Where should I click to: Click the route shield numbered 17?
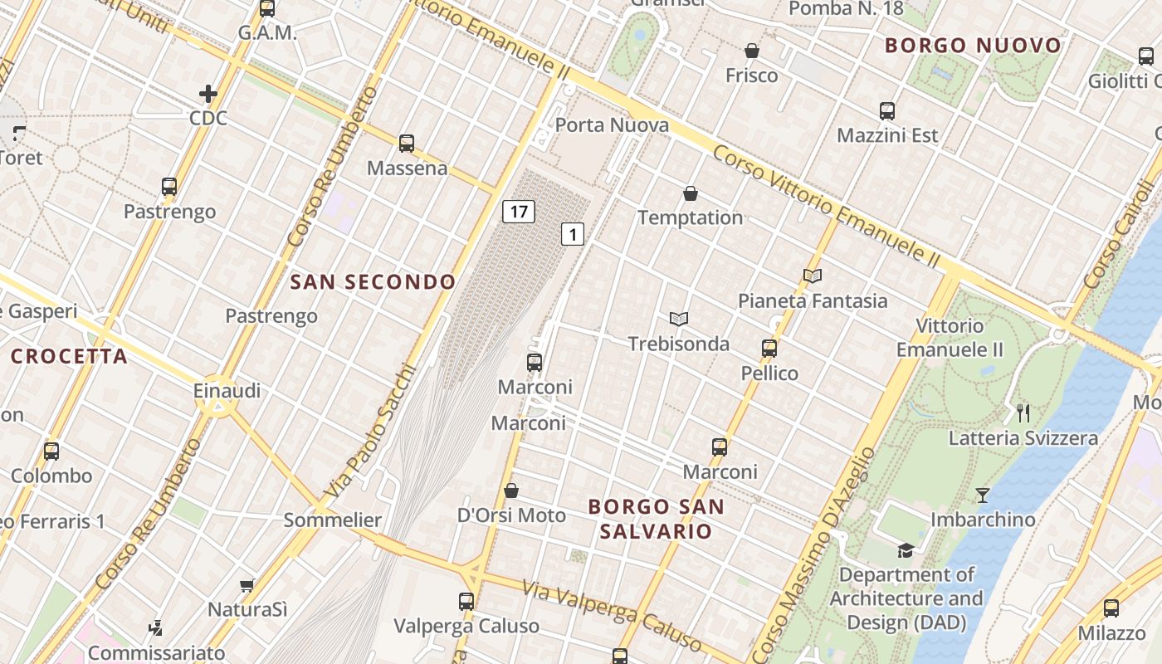(x=519, y=212)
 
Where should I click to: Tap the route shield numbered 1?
(x=572, y=234)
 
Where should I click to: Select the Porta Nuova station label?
(x=612, y=125)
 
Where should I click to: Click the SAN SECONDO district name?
(x=373, y=282)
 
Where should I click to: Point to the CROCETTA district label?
(x=70, y=357)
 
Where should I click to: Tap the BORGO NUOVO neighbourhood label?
(x=974, y=46)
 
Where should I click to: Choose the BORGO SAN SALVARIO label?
(x=656, y=519)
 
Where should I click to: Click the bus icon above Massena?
(x=407, y=143)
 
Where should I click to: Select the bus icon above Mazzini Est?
(x=887, y=110)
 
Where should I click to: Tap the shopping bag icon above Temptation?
(x=690, y=193)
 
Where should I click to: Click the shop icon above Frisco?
(x=752, y=51)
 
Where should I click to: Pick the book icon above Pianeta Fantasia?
(x=813, y=276)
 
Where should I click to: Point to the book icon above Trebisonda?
(x=679, y=319)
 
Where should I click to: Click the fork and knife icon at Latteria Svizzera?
(x=1023, y=413)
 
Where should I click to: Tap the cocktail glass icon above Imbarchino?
(x=983, y=495)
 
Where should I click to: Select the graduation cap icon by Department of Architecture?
(x=906, y=549)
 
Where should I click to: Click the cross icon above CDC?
(x=208, y=94)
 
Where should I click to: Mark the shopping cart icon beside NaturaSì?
(x=247, y=585)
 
